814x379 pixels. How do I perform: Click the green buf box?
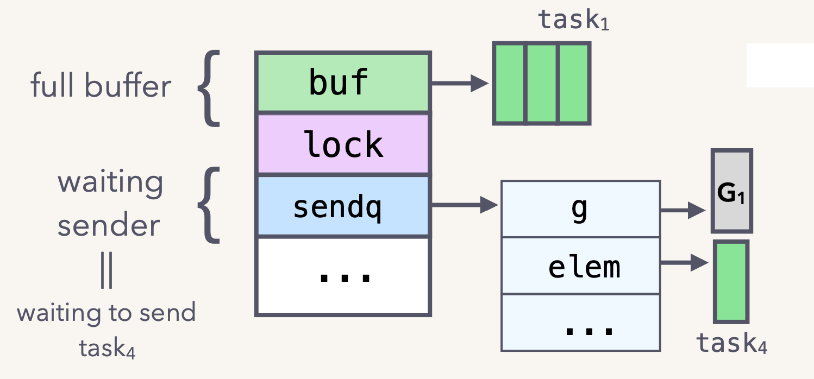(343, 83)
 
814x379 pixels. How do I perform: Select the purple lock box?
(343, 144)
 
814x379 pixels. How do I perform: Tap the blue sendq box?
(343, 206)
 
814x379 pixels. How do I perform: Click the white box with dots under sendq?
(343, 276)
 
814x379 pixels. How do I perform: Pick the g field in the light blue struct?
(580, 209)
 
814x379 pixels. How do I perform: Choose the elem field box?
(580, 266)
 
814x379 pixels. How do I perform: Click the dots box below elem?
(580, 323)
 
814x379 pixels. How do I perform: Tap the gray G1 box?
(731, 191)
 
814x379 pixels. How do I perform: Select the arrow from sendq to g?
(464, 205)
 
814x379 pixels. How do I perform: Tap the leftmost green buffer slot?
(510, 83)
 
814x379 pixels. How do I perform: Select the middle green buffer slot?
(542, 83)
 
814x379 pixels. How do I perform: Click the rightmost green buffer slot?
(574, 83)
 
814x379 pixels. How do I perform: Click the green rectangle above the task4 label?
(731, 282)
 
